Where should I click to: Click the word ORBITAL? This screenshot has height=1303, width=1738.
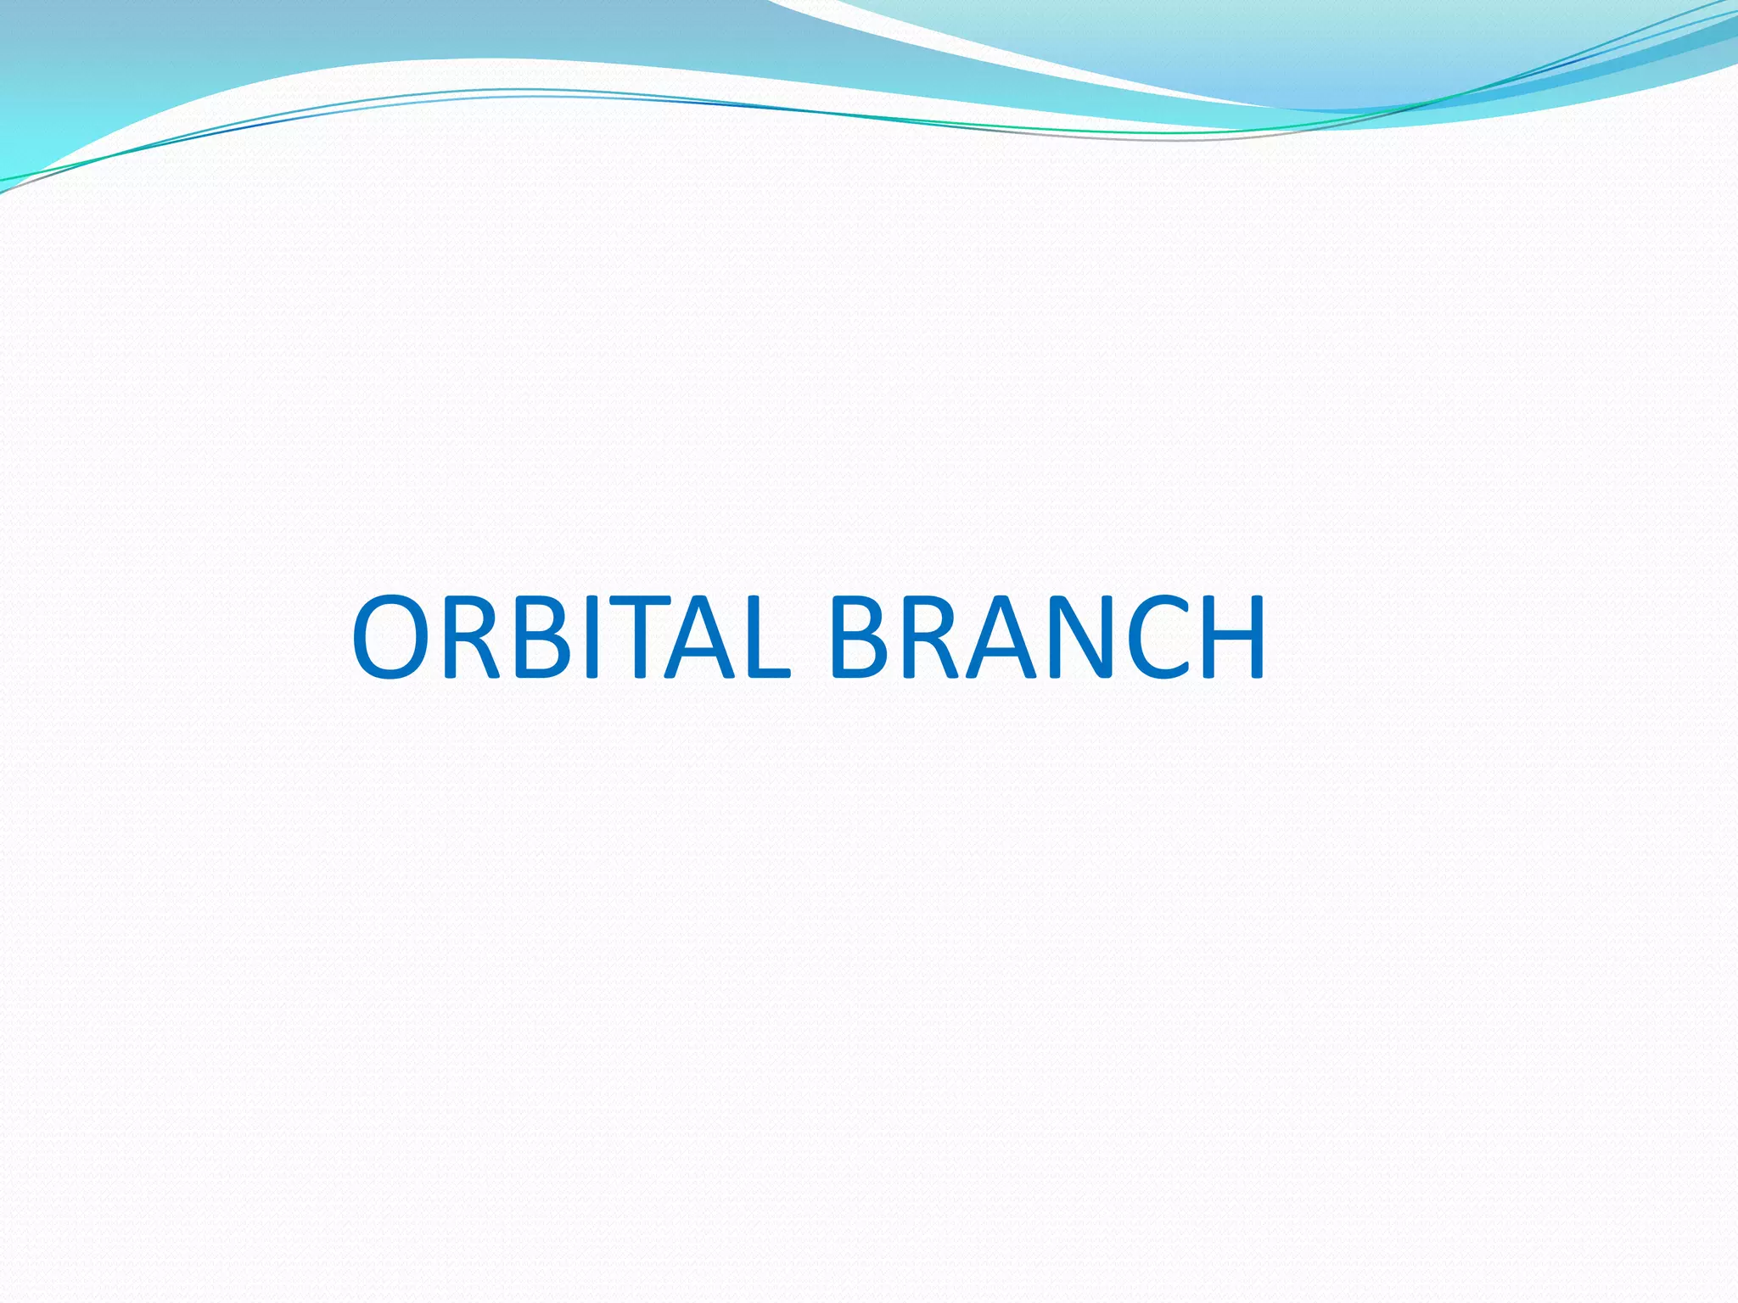coord(571,637)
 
